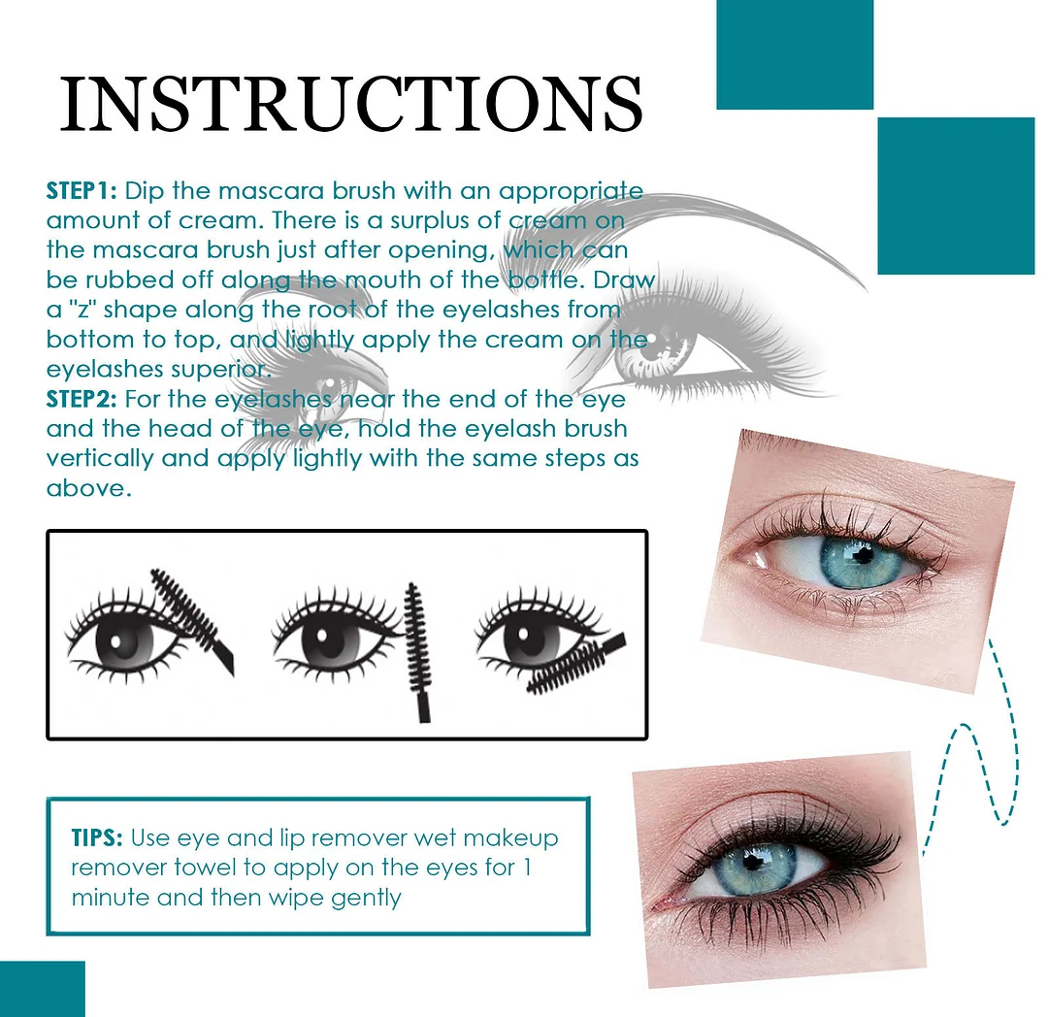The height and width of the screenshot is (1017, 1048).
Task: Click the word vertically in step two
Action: click(x=100, y=458)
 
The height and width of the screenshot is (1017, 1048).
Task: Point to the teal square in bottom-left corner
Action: click(x=42, y=989)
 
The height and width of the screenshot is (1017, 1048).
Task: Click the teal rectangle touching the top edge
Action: click(x=794, y=54)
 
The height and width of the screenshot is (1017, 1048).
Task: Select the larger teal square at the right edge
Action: click(x=955, y=196)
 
